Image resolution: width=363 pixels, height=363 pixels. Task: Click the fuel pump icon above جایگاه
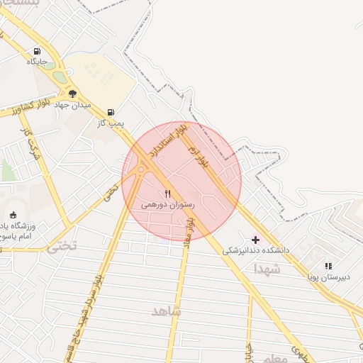(37, 52)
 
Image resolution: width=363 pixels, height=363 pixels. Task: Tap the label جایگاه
(37, 62)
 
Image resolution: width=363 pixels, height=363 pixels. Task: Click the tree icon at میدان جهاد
(72, 94)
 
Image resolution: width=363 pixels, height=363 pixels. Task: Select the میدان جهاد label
(74, 105)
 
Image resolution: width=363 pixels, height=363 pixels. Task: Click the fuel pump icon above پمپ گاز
(111, 112)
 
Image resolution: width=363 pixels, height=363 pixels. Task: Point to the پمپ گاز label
(111, 123)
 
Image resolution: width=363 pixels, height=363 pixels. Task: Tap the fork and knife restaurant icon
(167, 194)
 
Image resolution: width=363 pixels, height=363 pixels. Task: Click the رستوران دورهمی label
(167, 204)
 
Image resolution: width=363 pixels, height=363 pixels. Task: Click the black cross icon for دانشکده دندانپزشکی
(256, 240)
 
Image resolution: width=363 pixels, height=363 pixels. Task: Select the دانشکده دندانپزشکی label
(256, 250)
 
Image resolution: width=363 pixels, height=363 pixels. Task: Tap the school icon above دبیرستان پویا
(328, 266)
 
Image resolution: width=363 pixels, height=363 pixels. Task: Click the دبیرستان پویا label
(328, 277)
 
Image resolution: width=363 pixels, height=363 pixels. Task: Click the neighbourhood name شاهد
(166, 311)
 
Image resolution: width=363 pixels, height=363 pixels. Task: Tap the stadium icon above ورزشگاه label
(13, 215)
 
